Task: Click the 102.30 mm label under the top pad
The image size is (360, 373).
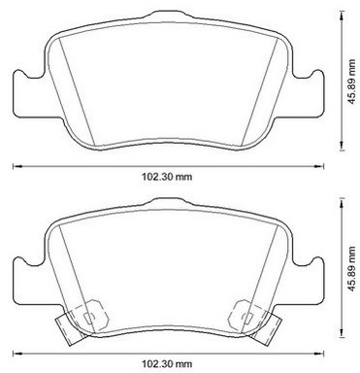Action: pos(167,177)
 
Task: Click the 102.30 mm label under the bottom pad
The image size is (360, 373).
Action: pos(167,364)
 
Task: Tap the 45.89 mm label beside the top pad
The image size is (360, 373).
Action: pos(351,82)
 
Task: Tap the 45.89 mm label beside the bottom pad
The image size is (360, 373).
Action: pos(351,269)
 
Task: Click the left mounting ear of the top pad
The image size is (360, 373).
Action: pos(29,94)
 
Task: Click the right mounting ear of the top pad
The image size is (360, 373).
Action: pos(308,94)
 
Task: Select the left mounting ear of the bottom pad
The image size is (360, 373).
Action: pos(29,282)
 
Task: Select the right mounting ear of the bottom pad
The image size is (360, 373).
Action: pos(308,282)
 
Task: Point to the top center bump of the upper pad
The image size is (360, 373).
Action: pos(168,15)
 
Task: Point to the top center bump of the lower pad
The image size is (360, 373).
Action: pos(168,202)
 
